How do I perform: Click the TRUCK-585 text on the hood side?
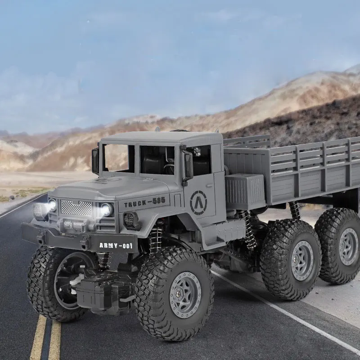(x=144, y=202)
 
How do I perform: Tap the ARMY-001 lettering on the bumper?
(x=116, y=245)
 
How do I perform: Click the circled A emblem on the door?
(x=198, y=202)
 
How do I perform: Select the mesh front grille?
(x=76, y=208)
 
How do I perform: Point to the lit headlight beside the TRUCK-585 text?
(x=106, y=209)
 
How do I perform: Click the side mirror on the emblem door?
(x=189, y=166)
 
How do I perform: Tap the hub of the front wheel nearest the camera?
(x=185, y=295)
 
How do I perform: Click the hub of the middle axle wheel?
(x=302, y=261)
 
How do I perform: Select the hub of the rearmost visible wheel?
(x=348, y=247)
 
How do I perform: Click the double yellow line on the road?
(x=46, y=337)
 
